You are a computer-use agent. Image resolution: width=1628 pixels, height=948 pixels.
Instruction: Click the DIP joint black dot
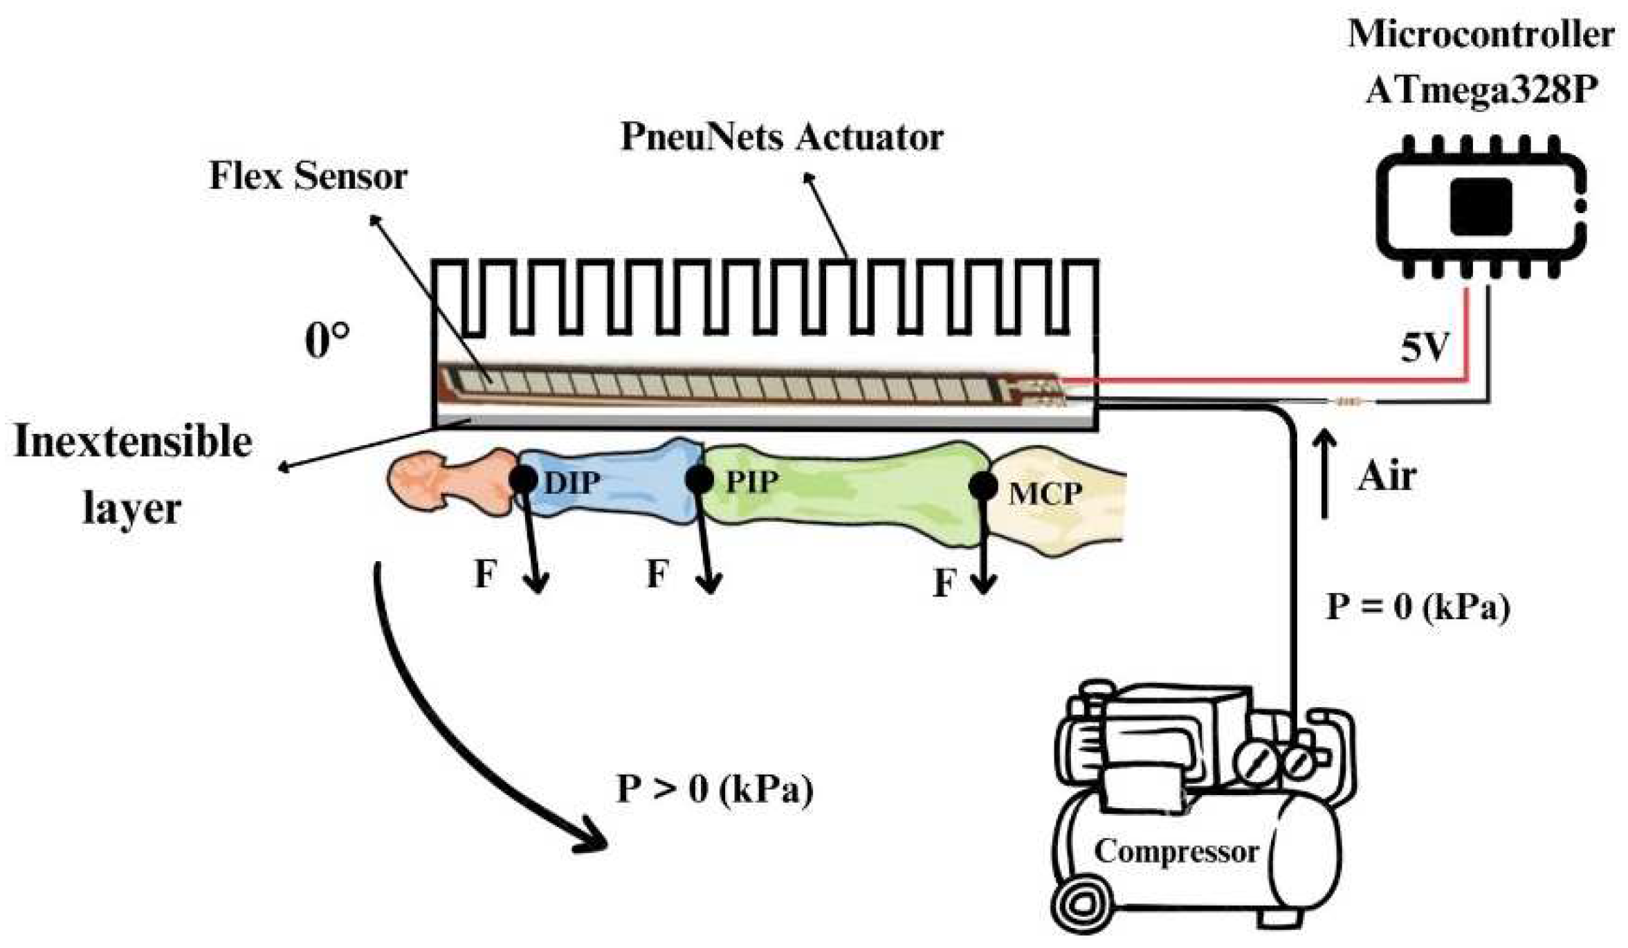(523, 479)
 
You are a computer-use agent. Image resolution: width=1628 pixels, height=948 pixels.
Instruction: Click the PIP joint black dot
(699, 479)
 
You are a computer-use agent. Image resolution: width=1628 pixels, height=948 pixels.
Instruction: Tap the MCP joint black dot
(982, 486)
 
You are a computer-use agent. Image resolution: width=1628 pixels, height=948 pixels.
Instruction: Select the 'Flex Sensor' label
(308, 176)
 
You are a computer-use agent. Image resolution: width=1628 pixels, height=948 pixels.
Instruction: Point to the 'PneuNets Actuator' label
(782, 136)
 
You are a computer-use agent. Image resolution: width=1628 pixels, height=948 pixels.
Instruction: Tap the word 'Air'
(1386, 477)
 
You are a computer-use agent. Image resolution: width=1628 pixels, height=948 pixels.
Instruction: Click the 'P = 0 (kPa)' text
(1417, 608)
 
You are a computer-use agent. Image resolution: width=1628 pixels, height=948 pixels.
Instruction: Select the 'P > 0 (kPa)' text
(715, 789)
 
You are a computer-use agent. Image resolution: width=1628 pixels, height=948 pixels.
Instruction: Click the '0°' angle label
(327, 340)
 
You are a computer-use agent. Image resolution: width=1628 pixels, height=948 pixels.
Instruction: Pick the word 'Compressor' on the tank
(1176, 851)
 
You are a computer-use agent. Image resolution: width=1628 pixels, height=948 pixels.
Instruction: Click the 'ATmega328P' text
(1481, 90)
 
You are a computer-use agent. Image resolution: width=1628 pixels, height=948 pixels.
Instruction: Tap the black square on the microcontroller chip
(1481, 206)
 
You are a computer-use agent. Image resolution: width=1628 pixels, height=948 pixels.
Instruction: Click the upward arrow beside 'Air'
(1325, 474)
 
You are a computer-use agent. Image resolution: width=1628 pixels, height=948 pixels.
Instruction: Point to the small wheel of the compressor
(1081, 904)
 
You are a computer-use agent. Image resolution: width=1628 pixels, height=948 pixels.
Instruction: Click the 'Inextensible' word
(133, 441)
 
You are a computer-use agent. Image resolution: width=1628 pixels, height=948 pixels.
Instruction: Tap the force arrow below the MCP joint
(982, 547)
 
